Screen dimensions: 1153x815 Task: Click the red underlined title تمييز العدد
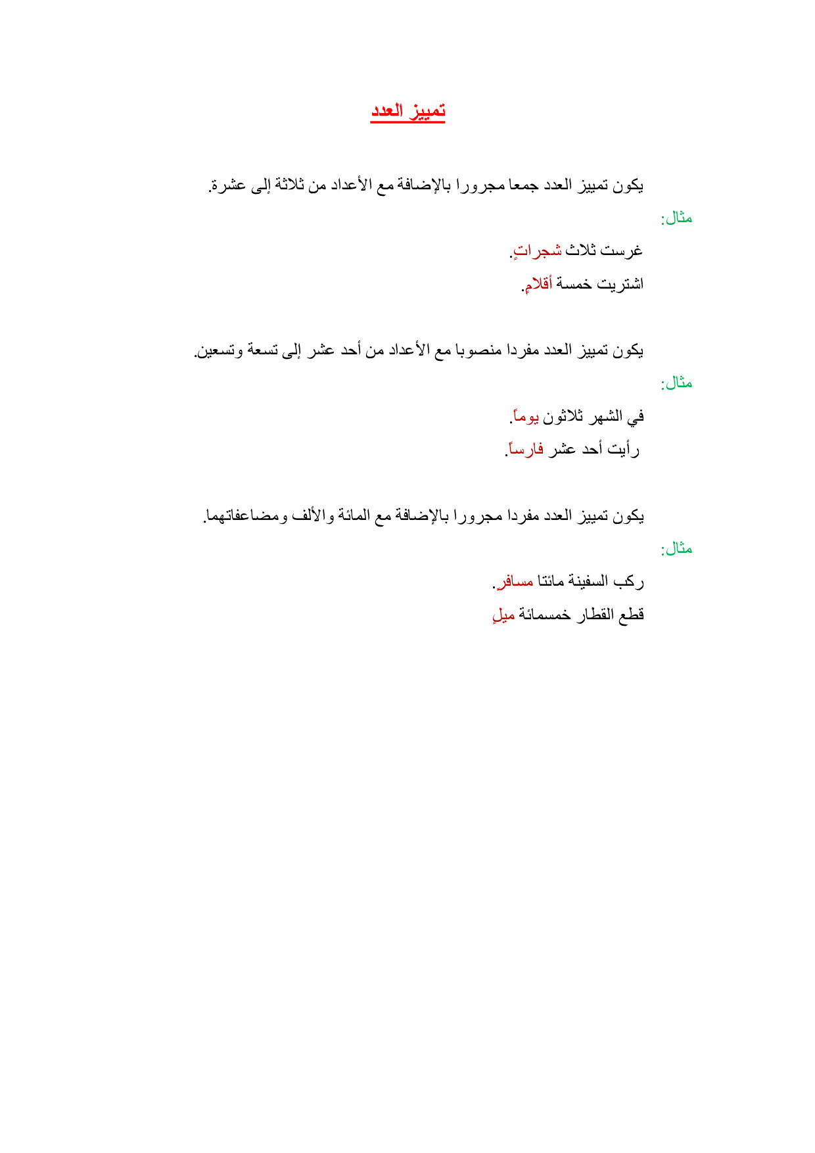pyautogui.click(x=407, y=111)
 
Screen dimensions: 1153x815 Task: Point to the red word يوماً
pyautogui.click(x=525, y=416)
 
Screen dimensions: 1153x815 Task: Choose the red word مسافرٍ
pyautogui.click(x=515, y=582)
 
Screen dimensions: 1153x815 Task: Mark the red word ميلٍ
pyautogui.click(x=504, y=615)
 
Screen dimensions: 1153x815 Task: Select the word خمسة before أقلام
pyautogui.click(x=574, y=284)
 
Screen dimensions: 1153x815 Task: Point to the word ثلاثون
pyautogui.click(x=563, y=416)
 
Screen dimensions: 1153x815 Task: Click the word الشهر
pyautogui.click(x=605, y=416)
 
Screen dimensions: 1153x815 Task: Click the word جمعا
pyautogui.click(x=523, y=185)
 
